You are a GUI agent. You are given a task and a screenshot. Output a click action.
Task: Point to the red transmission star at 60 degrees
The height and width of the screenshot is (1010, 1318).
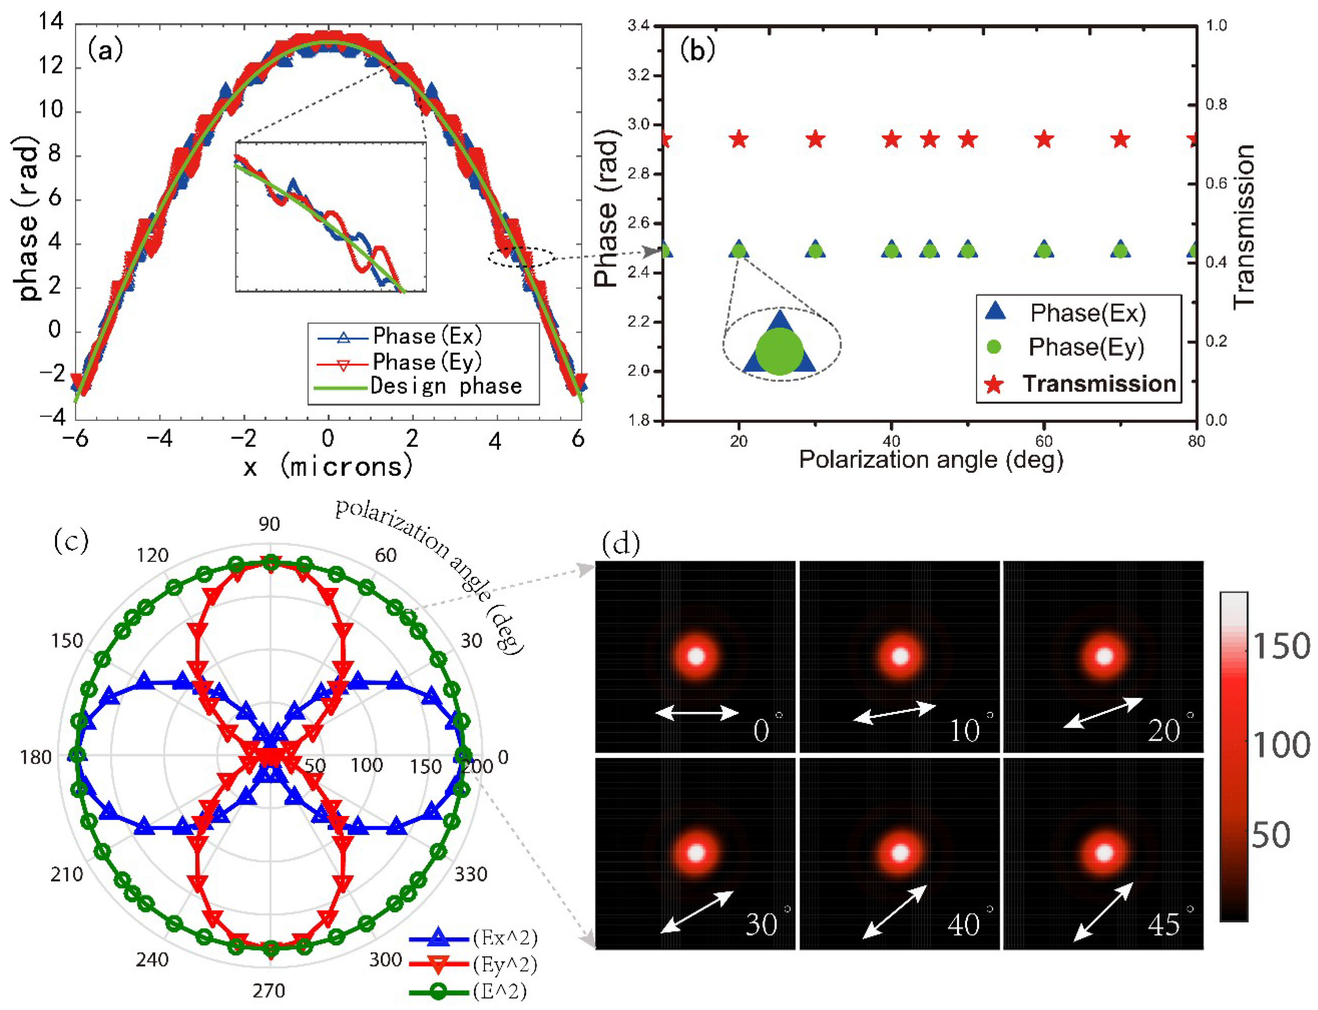pos(1044,139)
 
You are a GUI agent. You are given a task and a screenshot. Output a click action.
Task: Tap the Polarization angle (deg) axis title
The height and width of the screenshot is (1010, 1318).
pos(931,460)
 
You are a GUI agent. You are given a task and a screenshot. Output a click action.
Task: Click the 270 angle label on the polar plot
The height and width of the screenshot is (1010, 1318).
pos(269,990)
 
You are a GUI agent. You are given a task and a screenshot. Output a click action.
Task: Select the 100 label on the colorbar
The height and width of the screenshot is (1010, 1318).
pos(1281,745)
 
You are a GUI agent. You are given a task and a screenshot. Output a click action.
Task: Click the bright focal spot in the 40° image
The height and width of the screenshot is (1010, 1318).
pos(900,853)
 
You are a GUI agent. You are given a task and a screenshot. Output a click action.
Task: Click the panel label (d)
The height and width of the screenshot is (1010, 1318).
pos(620,544)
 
